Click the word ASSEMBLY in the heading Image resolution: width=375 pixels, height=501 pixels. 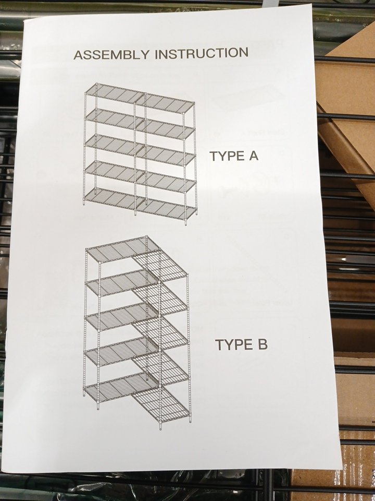coord(111,54)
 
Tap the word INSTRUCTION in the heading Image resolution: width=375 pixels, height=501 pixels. coord(202,53)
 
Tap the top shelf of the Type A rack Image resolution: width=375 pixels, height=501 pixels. coord(140,98)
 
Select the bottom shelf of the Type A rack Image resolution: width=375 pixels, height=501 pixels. coord(140,204)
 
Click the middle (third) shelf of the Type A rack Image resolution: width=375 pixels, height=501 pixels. coord(140,150)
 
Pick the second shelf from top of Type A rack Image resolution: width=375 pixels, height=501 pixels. coord(140,124)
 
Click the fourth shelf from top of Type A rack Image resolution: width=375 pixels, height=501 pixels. coord(140,177)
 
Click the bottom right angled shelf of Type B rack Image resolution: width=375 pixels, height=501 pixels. coord(161,404)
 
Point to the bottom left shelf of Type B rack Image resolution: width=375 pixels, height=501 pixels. coord(120,387)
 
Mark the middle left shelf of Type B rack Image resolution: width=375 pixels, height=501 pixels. coord(121,317)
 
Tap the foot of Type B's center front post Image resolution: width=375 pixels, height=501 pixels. coord(160,427)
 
